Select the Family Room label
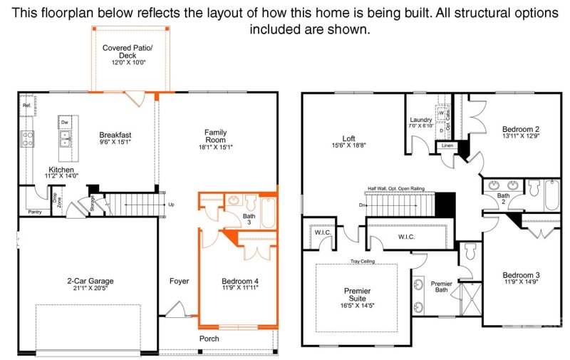point(216,133)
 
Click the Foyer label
point(179,281)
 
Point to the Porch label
point(209,339)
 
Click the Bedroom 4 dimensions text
point(239,288)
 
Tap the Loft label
point(348,138)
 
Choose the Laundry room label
point(422,120)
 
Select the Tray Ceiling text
point(363,261)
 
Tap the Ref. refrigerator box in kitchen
point(27,106)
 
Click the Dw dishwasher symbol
point(64,123)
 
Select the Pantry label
point(35,212)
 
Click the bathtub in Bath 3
point(268,211)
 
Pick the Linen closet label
point(447,146)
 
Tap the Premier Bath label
point(442,287)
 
